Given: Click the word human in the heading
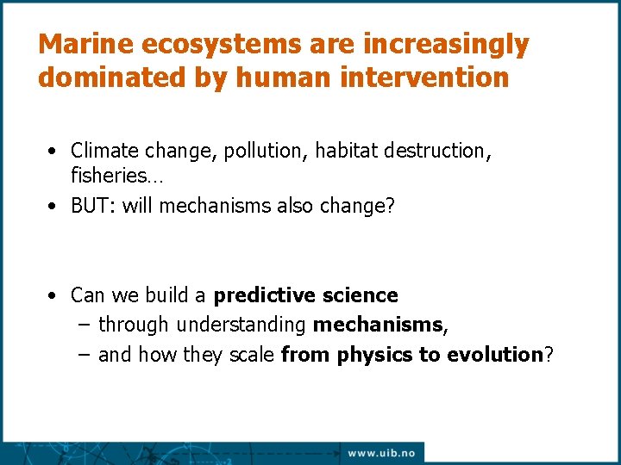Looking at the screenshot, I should (x=289, y=78).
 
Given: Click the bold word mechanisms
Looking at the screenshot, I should (x=378, y=325).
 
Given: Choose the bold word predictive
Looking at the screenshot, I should (x=266, y=296).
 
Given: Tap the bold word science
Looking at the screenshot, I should (x=361, y=296).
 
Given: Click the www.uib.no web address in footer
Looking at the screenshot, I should (x=380, y=453).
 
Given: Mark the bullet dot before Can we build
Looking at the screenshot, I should (x=53, y=296).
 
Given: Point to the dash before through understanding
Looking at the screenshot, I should (x=82, y=325).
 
